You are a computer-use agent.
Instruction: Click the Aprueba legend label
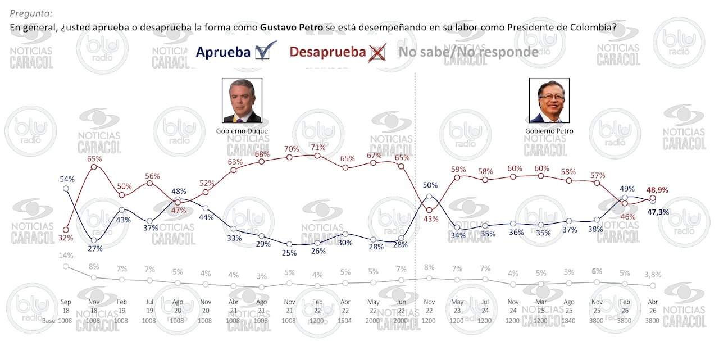point(223,52)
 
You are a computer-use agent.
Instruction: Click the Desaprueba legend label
point(327,52)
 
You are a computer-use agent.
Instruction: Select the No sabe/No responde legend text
point(468,52)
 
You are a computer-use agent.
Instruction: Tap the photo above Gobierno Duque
point(242,101)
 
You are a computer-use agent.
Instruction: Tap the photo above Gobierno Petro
point(549,101)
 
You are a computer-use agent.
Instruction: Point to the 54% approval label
point(67,179)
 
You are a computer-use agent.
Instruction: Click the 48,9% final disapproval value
point(657,190)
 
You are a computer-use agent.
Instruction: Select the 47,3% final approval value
point(657,212)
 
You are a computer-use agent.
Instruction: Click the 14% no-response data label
point(66,256)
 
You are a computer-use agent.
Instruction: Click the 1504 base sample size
point(345,321)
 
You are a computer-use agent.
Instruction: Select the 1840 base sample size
point(569,321)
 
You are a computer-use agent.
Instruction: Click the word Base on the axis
point(49,321)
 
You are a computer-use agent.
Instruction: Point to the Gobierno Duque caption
point(242,131)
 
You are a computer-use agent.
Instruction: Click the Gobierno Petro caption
point(549,131)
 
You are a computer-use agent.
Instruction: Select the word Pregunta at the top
point(32,13)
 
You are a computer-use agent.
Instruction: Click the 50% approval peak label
point(430,185)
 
